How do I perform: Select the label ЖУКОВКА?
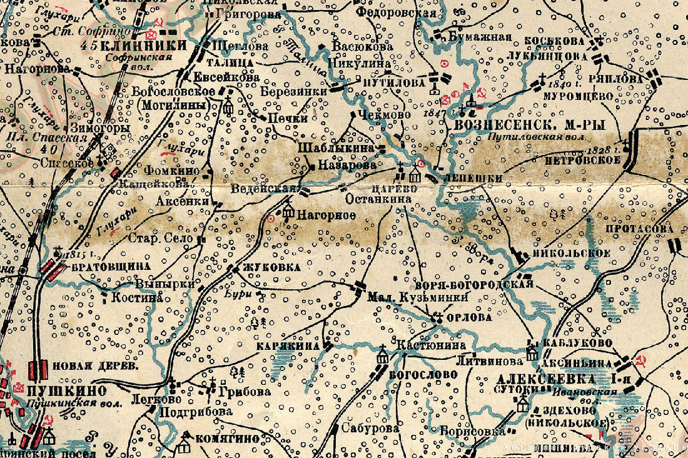pyautogui.click(x=264, y=267)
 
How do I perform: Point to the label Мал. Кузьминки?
pyautogui.click(x=418, y=297)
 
